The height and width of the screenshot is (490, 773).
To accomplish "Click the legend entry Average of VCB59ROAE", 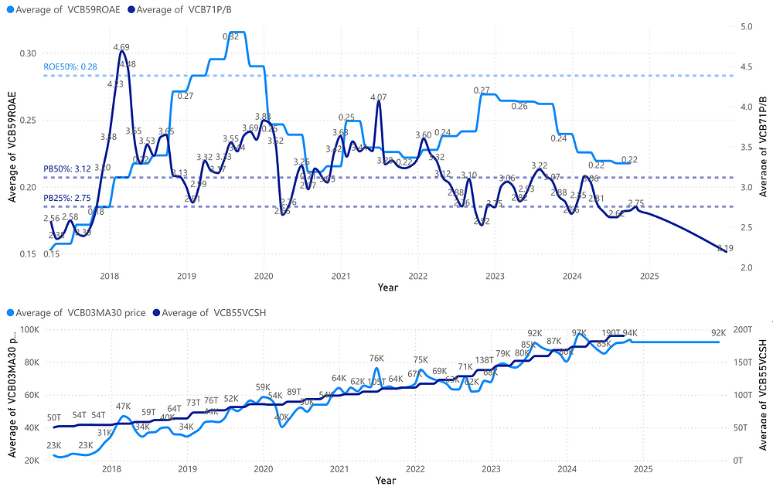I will (x=61, y=9).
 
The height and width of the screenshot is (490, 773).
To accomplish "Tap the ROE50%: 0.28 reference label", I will (x=70, y=67).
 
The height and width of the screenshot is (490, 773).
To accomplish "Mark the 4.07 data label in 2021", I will (x=379, y=98).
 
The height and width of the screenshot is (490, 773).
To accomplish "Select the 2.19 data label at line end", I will (x=725, y=248).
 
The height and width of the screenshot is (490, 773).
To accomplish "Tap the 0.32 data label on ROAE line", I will (x=230, y=36).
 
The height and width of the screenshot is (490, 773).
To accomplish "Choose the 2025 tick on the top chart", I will (x=649, y=276).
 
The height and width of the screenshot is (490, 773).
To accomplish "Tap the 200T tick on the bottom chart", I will (x=744, y=330).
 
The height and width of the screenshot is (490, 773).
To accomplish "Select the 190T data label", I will (x=611, y=334).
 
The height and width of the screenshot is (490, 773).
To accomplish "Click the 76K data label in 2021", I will (x=376, y=359).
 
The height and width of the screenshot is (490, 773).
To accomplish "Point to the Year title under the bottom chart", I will (x=386, y=481).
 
